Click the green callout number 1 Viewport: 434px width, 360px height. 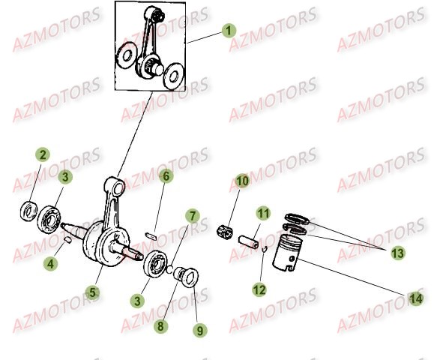[x=229, y=31]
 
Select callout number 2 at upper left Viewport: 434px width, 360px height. [x=43, y=155]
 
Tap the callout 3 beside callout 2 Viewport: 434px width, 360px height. [x=65, y=177]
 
